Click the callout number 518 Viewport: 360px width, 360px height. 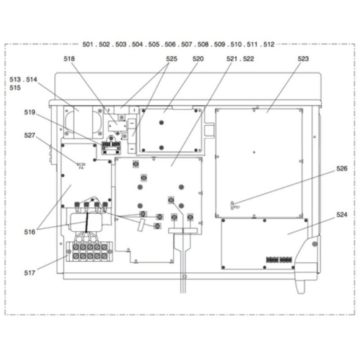(69, 59)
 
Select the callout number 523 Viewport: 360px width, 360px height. (303, 59)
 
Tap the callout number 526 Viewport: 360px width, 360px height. (342, 168)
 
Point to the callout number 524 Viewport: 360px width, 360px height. (342, 215)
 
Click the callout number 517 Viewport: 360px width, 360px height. (30, 273)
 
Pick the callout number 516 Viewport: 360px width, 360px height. (30, 232)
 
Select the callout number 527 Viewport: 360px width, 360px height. (30, 135)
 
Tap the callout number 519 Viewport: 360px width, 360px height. (30, 112)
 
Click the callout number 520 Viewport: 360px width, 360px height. (198, 59)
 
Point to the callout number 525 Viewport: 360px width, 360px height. (171, 59)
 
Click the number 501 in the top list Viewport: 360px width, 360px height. (88, 44)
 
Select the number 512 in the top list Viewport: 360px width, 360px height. (269, 44)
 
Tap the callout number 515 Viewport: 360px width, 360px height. (15, 88)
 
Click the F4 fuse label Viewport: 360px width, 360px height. (81, 168)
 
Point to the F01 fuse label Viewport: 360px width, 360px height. (237, 207)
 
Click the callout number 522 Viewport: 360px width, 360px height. (248, 59)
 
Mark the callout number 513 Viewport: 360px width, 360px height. (15, 80)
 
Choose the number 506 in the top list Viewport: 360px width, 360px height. (170, 44)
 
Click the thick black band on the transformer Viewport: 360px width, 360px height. (86, 222)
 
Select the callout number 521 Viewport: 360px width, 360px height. (232, 59)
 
